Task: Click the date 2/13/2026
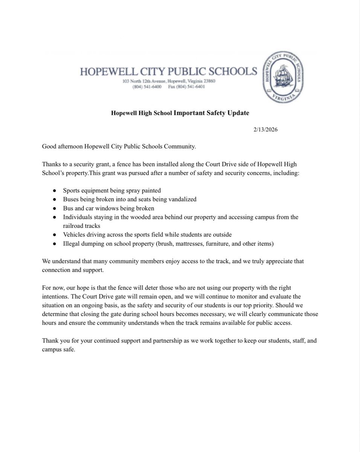(265, 130)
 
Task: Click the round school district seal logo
(283, 77)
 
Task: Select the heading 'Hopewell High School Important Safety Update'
(180, 113)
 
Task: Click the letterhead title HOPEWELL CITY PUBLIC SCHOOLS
(168, 72)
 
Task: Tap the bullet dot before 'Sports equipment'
(55, 191)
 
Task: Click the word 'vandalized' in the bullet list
(183, 199)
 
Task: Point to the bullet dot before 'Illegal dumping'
(55, 244)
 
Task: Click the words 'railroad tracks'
(81, 226)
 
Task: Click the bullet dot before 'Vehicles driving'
(55, 235)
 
